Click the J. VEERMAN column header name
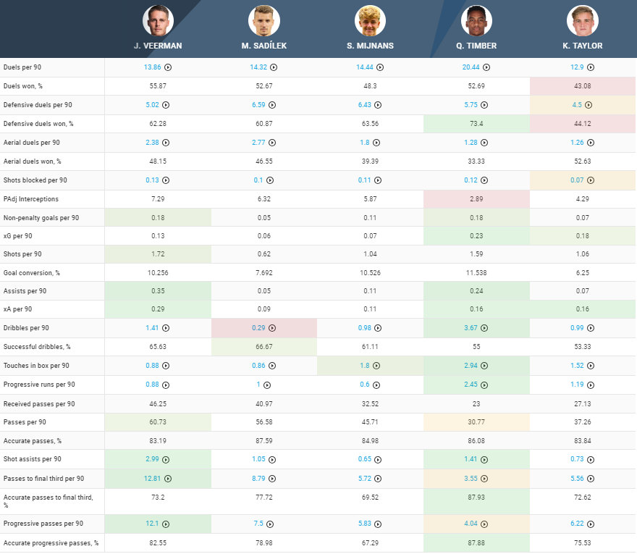point(157,46)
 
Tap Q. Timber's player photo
point(476,21)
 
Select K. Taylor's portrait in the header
point(583,21)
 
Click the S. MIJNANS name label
point(370,46)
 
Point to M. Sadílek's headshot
point(263,21)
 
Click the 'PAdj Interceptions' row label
point(31,199)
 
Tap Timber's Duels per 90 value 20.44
point(472,67)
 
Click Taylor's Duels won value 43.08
point(583,86)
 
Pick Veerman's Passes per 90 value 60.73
point(158,422)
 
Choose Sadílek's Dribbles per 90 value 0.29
point(259,328)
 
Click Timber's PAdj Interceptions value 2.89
point(476,199)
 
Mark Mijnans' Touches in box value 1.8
point(366,366)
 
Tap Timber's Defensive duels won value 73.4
point(476,124)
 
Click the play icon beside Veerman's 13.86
point(168,67)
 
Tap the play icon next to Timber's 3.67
point(486,328)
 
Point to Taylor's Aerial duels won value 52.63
point(583,161)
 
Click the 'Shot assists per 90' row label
point(33,459)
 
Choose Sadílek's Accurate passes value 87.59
point(263,440)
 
